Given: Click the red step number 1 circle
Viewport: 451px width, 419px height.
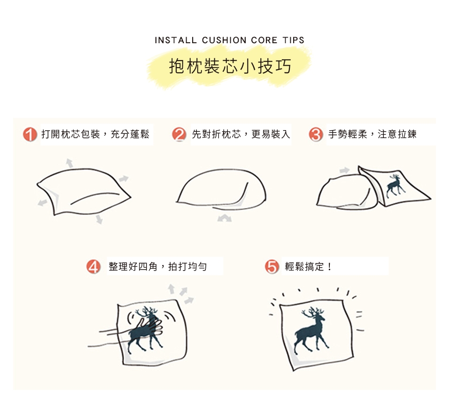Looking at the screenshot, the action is (30, 134).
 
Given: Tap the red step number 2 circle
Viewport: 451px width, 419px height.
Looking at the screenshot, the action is (179, 134).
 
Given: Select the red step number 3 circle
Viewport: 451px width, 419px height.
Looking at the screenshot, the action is (316, 134).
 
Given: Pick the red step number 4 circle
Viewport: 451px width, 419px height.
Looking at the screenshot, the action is (93, 267).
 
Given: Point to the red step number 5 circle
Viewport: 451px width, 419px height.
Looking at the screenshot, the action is (272, 267).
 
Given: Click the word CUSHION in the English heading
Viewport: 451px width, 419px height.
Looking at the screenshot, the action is (224, 40).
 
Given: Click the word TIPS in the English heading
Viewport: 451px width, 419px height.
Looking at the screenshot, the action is (293, 40).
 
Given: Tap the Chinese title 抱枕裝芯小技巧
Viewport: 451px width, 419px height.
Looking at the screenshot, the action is (230, 66).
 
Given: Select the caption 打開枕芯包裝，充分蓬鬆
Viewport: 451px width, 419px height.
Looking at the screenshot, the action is (95, 134).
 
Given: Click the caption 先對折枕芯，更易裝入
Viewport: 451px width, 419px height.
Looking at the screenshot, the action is (241, 134).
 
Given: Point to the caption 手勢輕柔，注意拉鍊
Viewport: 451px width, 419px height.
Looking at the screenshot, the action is (372, 134).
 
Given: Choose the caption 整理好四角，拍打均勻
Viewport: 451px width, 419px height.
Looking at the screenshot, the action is (158, 267).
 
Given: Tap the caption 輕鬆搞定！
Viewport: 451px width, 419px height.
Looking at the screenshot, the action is (308, 267).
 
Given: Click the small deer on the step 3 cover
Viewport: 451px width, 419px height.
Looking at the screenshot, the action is (395, 186).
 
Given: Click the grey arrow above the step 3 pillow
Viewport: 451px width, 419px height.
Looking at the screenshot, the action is (344, 170).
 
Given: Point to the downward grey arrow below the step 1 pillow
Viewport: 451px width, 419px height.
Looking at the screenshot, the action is (99, 219).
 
